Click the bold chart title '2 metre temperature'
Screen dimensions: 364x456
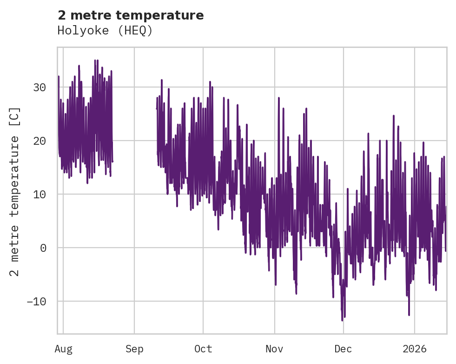pyautogui.click(x=131, y=15)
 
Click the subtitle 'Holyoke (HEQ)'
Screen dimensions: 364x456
pyautogui.click(x=105, y=31)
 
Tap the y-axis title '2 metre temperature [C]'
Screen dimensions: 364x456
pyautogui.click(x=15, y=191)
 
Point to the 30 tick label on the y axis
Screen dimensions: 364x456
pyautogui.click(x=40, y=87)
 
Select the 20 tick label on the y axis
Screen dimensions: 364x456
pyautogui.click(x=40, y=141)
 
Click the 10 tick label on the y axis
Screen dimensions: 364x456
pyautogui.click(x=40, y=194)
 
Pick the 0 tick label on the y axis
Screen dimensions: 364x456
pyautogui.click(x=43, y=248)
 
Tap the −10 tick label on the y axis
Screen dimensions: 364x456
pyautogui.click(x=37, y=301)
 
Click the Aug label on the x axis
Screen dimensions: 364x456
pyautogui.click(x=63, y=349)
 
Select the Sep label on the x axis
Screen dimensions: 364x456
pyautogui.click(x=134, y=349)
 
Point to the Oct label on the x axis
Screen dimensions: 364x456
pyautogui.click(x=203, y=349)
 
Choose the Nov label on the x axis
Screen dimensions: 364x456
pyautogui.click(x=274, y=349)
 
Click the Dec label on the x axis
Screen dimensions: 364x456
pyautogui.click(x=343, y=349)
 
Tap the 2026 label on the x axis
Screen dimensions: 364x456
pyautogui.click(x=414, y=349)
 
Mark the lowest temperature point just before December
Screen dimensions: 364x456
pyautogui.click(x=342, y=320)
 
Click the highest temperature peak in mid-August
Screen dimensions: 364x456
pyautogui.click(x=95, y=60)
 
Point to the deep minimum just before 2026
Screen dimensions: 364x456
pyautogui.click(x=409, y=315)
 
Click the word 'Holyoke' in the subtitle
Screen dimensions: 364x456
pyautogui.click(x=79, y=31)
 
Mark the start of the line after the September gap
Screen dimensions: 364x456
pyautogui.click(x=157, y=108)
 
